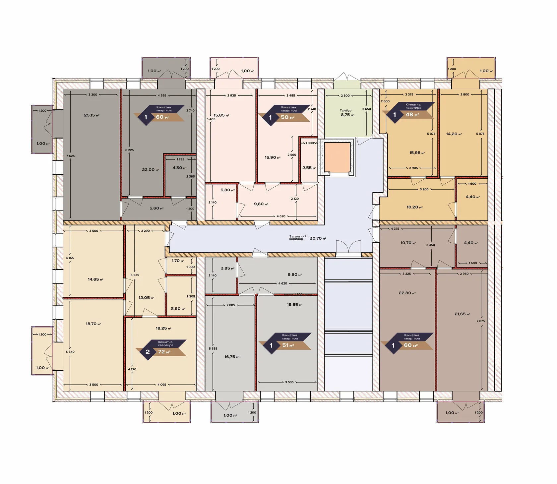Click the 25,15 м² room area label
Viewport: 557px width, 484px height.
coord(92,115)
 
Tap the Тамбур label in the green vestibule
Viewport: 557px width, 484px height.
coord(345,110)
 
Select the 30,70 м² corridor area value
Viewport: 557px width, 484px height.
coord(318,238)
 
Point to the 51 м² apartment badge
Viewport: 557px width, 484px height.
coord(285,343)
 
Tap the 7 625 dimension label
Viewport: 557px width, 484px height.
coord(70,156)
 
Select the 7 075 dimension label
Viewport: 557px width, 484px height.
coord(480,321)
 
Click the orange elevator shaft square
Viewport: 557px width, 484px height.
coord(337,158)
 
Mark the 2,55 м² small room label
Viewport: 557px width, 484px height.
coord(309,168)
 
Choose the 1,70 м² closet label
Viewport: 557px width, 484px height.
coord(178,261)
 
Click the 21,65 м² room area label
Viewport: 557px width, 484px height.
coord(463,314)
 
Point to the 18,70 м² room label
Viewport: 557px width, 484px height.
coord(93,324)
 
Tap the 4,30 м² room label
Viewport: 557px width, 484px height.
coord(179,168)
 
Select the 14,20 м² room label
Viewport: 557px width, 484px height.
coord(454,134)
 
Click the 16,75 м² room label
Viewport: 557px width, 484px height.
coord(232,357)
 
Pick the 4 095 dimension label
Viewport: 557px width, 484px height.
coord(162,385)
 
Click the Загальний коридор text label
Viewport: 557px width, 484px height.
coord(298,238)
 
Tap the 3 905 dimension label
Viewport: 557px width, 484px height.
coord(424,189)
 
